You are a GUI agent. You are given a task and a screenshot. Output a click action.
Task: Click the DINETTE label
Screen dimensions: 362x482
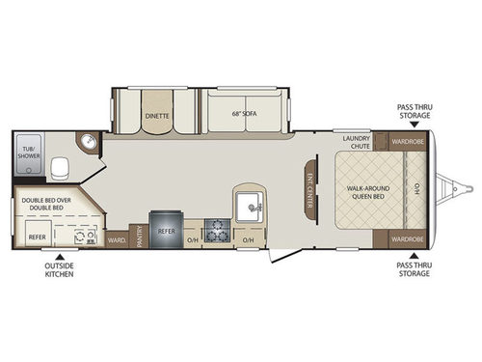point(157,114)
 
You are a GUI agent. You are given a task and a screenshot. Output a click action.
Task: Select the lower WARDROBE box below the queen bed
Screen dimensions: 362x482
point(407,237)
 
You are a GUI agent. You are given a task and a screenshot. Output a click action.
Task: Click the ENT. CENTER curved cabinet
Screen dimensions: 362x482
point(310,188)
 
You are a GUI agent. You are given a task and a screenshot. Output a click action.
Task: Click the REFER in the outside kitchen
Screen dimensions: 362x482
point(36,235)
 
